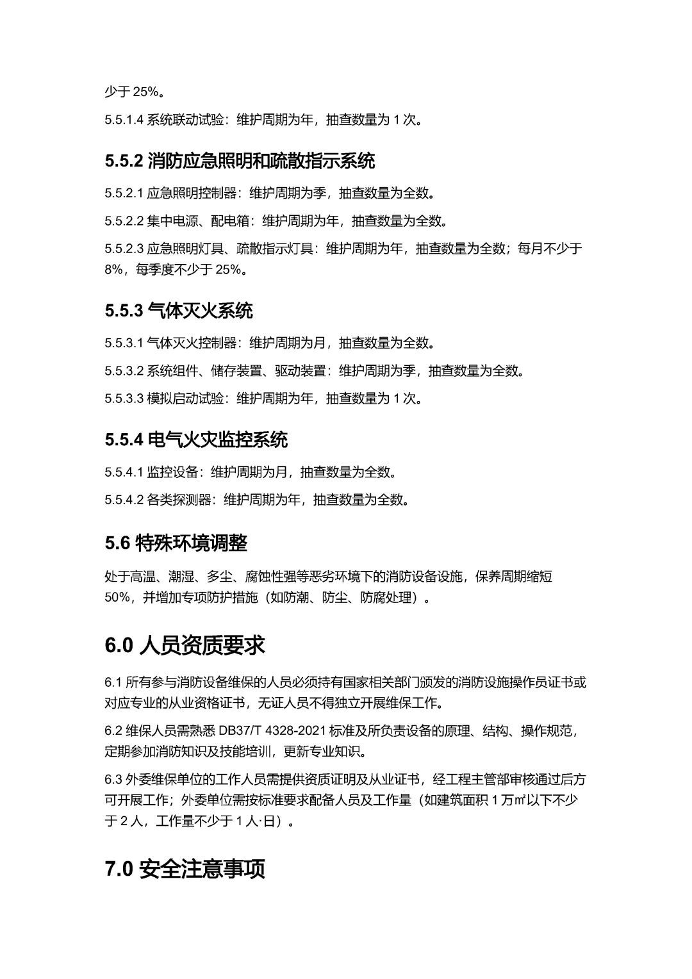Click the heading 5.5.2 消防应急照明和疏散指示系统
click(x=240, y=161)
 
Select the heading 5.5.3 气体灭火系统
click(x=179, y=311)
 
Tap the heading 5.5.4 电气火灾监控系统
click(x=196, y=440)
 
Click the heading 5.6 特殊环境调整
click(x=176, y=543)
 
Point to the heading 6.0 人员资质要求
click(x=185, y=645)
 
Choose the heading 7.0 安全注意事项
click(x=185, y=869)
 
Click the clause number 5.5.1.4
click(x=124, y=120)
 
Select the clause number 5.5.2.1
click(x=124, y=193)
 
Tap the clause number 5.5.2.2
click(x=124, y=221)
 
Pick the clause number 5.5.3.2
click(x=124, y=371)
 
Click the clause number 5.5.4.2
click(x=124, y=500)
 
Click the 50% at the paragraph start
click(x=117, y=598)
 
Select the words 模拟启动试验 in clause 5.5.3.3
click(x=186, y=399)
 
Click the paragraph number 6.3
click(x=113, y=780)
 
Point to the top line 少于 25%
click(x=131, y=92)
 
